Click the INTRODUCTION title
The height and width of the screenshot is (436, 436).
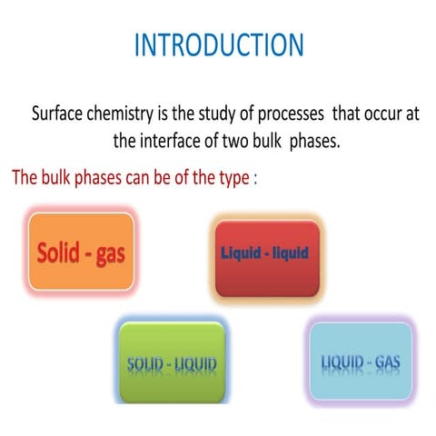coord(219,45)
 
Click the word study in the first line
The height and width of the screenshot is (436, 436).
coord(219,115)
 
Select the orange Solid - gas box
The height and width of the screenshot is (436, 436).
coord(81,252)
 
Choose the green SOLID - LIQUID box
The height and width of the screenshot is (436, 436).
coord(172,363)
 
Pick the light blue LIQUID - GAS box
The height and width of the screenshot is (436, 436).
coord(360,363)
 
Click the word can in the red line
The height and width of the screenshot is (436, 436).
coord(139,177)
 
